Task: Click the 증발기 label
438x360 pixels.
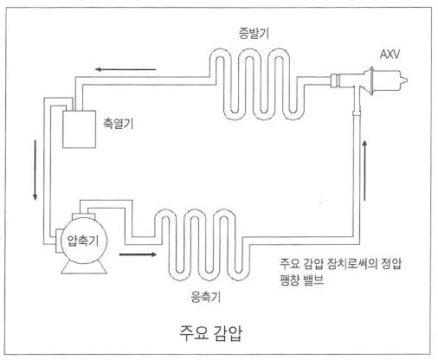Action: (x=254, y=33)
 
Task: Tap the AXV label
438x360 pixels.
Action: (x=390, y=55)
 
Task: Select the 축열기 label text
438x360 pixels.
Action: (x=119, y=124)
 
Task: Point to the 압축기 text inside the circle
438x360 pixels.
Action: (x=83, y=240)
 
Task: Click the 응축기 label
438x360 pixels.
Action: (x=206, y=297)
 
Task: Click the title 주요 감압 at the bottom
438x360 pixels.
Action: (x=211, y=333)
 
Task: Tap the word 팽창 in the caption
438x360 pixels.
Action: (x=290, y=280)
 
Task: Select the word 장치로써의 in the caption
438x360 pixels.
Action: (x=352, y=264)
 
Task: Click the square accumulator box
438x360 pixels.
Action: (x=80, y=129)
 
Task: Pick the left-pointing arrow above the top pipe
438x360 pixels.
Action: (x=126, y=69)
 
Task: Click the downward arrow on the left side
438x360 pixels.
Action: (x=35, y=170)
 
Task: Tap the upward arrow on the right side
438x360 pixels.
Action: (x=364, y=170)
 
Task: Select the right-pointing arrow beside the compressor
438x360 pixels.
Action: (x=138, y=254)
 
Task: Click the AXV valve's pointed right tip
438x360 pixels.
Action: (x=407, y=80)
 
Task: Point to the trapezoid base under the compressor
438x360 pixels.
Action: (x=84, y=267)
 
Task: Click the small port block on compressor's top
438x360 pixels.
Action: (x=83, y=216)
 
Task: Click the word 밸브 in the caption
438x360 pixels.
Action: (x=313, y=280)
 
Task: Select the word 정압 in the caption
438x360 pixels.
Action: (x=391, y=264)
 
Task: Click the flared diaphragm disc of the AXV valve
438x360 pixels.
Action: (x=370, y=80)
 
